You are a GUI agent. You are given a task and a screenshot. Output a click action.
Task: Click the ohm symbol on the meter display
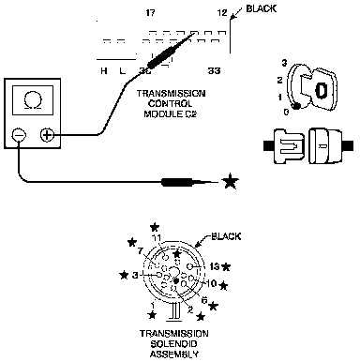coord(33,100)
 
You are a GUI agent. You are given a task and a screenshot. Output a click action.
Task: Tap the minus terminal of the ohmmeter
coord(19,135)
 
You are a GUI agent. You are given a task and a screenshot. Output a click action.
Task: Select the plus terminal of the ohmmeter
coord(47,135)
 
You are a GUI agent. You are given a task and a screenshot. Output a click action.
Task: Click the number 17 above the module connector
coord(150,13)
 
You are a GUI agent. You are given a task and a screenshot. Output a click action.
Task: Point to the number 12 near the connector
coord(222,13)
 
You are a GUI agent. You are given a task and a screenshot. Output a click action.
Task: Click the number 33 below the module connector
coord(214,71)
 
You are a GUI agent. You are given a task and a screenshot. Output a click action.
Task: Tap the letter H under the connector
coord(104,71)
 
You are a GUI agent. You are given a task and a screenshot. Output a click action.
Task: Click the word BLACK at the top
coord(262,8)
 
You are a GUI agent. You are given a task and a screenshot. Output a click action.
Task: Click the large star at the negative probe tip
coord(230,181)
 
